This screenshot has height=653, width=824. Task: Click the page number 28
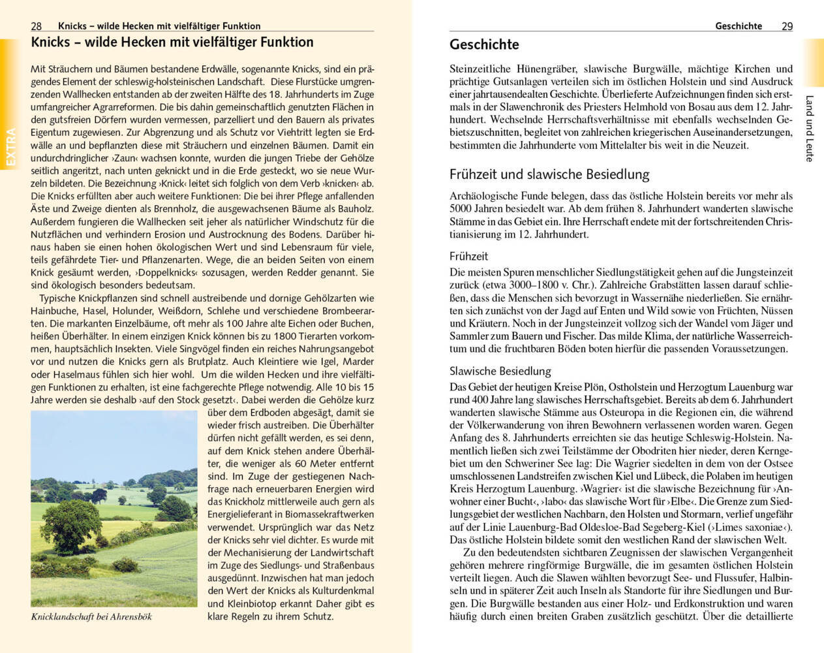[37, 26]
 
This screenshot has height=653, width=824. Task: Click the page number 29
[787, 26]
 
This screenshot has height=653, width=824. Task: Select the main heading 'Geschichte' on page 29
[484, 45]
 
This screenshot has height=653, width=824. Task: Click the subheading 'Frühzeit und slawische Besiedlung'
[549, 174]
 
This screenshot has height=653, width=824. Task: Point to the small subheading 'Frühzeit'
[468, 257]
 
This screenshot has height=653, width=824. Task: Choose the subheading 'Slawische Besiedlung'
[500, 371]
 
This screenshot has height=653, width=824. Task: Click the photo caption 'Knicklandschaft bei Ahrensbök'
[91, 616]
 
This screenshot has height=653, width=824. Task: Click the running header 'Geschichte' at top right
[738, 26]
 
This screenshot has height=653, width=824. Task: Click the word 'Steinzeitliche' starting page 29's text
[479, 69]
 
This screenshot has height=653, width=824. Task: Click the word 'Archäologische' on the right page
[482, 196]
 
